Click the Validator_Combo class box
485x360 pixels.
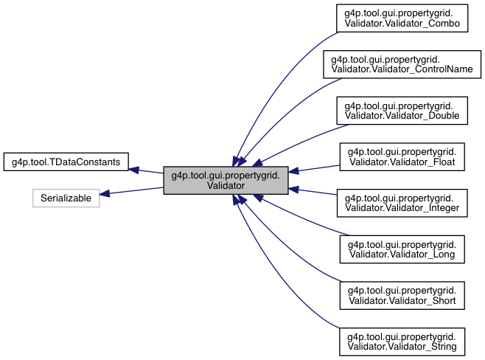tap(402, 18)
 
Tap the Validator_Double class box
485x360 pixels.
tap(402, 110)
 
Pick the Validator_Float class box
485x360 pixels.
tap(402, 156)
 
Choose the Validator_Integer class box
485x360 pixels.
tap(402, 202)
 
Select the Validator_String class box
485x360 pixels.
tap(402, 340)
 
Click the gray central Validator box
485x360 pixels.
tap(225, 179)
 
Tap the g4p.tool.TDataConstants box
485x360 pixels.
tap(66, 161)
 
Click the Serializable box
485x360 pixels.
tap(66, 198)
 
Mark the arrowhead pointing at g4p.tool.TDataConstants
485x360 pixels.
tap(134, 169)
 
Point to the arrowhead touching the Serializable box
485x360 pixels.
tap(105, 194)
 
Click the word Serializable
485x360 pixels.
tap(66, 198)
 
